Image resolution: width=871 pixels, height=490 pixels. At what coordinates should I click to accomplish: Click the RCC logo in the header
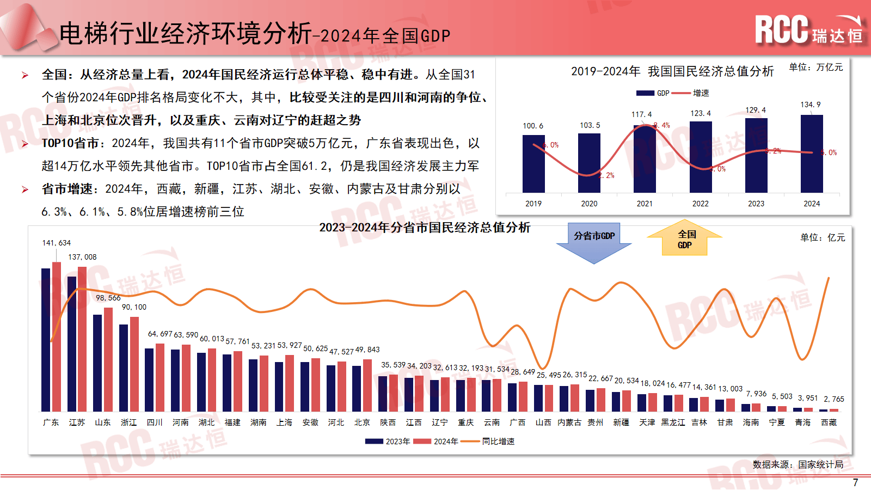(808, 30)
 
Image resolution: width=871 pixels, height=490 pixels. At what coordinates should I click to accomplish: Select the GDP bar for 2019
(533, 163)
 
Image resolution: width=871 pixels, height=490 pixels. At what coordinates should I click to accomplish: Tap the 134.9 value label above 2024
(811, 105)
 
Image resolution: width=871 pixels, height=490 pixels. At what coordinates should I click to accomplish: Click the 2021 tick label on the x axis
(645, 204)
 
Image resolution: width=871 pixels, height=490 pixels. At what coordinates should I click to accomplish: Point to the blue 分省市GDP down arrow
(594, 242)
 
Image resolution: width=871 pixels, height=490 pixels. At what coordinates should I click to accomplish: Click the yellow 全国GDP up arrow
(685, 238)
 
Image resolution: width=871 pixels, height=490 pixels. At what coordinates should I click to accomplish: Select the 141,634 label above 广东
(57, 243)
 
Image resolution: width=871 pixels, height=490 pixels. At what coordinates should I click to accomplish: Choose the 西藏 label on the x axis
(829, 422)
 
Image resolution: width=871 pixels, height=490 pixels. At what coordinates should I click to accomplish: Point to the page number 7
(855, 482)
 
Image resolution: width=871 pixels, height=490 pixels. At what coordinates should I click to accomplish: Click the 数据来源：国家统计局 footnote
(798, 464)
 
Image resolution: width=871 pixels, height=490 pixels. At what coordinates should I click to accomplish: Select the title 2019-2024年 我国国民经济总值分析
(672, 71)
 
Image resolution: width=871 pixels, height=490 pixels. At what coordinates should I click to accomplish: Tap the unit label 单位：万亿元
(815, 67)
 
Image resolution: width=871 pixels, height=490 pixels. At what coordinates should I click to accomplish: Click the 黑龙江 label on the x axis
(673, 422)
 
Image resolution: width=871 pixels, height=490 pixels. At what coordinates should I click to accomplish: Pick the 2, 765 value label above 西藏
(833, 399)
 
